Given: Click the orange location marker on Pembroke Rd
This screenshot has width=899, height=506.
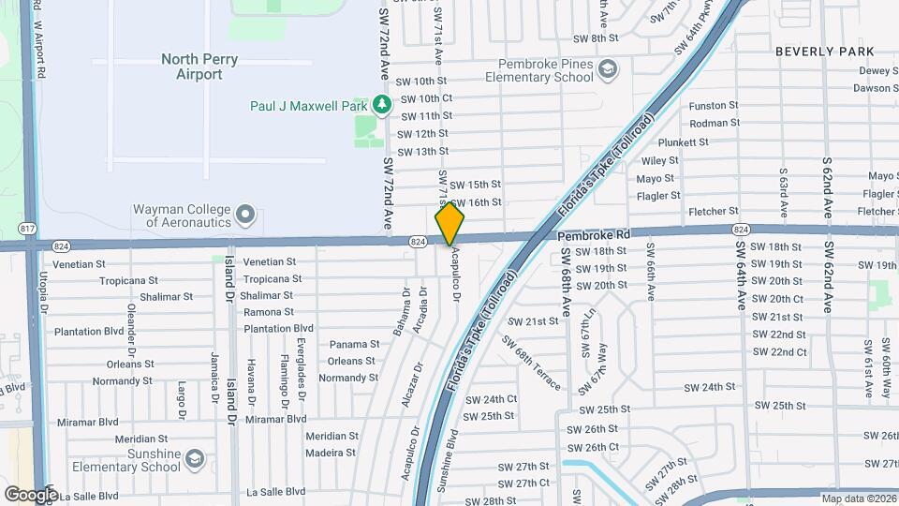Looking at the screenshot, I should [x=449, y=225].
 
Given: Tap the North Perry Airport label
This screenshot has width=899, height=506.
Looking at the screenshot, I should [x=199, y=67].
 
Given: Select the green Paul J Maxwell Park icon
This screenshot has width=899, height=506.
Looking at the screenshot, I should [x=381, y=105].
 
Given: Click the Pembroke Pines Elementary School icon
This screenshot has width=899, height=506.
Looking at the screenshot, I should [x=608, y=68].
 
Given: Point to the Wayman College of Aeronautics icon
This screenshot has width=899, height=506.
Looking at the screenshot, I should [x=246, y=216].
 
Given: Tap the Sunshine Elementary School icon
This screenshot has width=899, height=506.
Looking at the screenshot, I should [x=194, y=459].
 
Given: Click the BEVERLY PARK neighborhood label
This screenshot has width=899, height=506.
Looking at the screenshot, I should [x=825, y=52].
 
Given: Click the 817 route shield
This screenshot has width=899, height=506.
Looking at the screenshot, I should [x=28, y=229].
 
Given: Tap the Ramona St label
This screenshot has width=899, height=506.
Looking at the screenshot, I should [x=269, y=312].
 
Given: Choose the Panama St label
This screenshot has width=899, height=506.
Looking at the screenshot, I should [x=353, y=345].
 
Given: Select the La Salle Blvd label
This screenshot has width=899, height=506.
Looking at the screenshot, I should [x=275, y=491].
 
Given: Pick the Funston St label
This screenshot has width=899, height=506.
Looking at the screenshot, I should [x=714, y=107].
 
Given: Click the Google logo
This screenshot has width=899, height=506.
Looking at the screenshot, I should [x=31, y=494].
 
